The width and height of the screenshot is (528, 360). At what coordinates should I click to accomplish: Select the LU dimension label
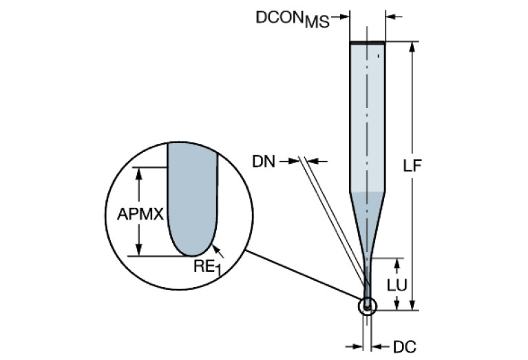click(x=394, y=284)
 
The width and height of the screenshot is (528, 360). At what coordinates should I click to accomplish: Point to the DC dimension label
click(x=405, y=347)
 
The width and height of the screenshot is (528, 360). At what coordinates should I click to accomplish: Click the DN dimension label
click(x=264, y=162)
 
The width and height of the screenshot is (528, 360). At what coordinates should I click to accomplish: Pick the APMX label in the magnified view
click(x=140, y=214)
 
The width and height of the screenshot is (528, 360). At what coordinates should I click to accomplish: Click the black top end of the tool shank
click(x=367, y=43)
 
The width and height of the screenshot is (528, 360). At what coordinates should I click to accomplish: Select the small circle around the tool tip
click(x=368, y=306)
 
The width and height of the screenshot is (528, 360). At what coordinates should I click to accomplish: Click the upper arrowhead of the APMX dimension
click(x=140, y=172)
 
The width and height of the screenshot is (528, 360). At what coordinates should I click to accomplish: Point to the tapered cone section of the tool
click(x=367, y=213)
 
